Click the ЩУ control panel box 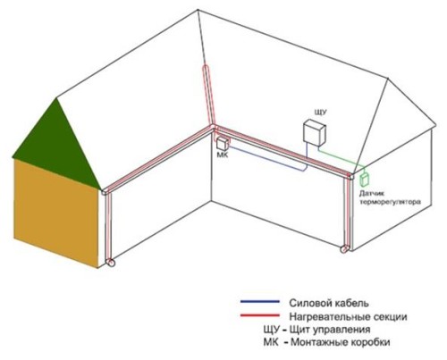tap(315, 132)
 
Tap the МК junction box tap(223, 143)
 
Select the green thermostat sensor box tap(365, 180)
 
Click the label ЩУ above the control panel tap(321, 113)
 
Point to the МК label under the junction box tap(223, 155)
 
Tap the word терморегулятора tap(391, 202)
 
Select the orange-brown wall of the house tap(56, 213)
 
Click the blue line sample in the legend tap(260, 302)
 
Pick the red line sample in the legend tap(260, 315)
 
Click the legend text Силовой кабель tap(329, 303)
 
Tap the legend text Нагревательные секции tap(348, 316)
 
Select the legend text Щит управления tap(330, 330)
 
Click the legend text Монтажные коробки tap(340, 342)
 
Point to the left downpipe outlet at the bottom tap(111, 264)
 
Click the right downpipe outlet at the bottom tap(345, 248)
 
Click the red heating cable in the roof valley tap(209, 96)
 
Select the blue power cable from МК tap(267, 159)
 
